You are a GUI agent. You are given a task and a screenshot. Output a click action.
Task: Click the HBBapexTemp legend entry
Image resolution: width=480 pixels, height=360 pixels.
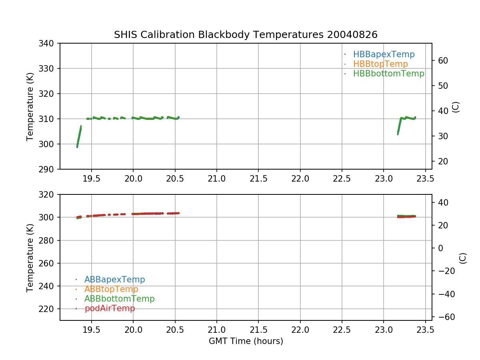[x=384, y=54]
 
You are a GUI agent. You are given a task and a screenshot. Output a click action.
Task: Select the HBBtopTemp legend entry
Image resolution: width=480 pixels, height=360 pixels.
[x=380, y=64]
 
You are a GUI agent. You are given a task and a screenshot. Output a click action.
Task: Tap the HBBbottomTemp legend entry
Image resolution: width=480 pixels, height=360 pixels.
[x=388, y=74]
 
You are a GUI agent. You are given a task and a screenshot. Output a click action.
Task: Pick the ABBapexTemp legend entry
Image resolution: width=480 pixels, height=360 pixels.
[x=114, y=280]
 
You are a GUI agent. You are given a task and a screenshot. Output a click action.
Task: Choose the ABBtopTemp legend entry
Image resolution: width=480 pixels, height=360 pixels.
[x=111, y=289]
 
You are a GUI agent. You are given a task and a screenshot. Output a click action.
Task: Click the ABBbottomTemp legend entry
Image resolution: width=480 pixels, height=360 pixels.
[x=119, y=299]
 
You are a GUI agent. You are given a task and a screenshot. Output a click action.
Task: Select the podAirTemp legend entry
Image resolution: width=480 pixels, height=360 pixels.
[x=110, y=308]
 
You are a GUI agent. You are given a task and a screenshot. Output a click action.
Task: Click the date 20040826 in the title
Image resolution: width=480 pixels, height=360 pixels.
[x=352, y=35]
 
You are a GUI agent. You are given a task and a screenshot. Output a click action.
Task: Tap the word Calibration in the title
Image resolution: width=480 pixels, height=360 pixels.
[x=168, y=35]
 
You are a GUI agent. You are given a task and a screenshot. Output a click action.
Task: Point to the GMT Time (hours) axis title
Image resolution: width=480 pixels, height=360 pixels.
[x=246, y=341]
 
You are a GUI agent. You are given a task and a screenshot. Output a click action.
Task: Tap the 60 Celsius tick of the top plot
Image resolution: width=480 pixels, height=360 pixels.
[x=442, y=61]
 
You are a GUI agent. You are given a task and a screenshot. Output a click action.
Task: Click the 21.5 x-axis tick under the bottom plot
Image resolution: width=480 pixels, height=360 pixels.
[x=258, y=330]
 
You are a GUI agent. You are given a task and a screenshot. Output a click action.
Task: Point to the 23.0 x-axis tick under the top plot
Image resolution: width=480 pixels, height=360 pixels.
[x=384, y=178]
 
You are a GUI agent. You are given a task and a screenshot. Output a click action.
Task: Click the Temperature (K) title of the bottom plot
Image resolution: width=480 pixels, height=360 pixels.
[x=30, y=257]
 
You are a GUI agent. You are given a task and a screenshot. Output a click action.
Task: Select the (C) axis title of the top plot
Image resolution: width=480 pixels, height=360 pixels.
[x=456, y=107]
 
